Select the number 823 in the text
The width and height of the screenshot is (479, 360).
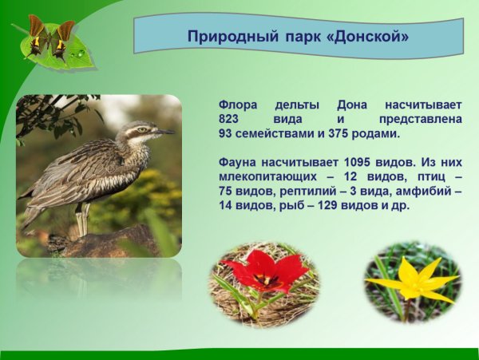230,119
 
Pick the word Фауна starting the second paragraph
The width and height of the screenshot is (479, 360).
241,162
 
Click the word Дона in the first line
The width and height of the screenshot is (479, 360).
352,105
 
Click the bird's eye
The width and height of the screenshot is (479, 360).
142,129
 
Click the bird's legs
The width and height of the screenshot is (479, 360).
83,220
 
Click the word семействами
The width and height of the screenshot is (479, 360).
277,133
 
